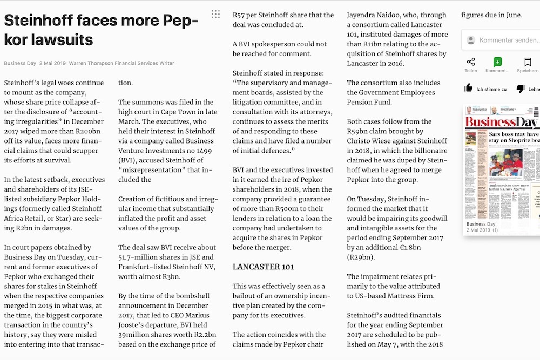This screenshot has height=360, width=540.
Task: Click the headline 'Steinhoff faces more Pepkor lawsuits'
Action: click(101, 30)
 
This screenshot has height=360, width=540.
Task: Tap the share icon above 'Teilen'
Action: click(471, 62)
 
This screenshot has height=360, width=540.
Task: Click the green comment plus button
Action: click(497, 62)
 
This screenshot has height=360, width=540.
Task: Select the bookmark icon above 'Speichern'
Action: click(528, 62)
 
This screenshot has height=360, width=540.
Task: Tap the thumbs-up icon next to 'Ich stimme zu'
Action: click(469, 89)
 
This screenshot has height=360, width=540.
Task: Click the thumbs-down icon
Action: click(521, 89)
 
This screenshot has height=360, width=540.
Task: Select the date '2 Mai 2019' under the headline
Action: click(52, 63)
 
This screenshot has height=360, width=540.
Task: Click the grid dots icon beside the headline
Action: click(215, 14)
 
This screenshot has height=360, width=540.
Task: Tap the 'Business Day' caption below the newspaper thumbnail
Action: click(481, 224)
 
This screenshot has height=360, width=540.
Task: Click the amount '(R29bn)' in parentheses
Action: click(361, 257)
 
